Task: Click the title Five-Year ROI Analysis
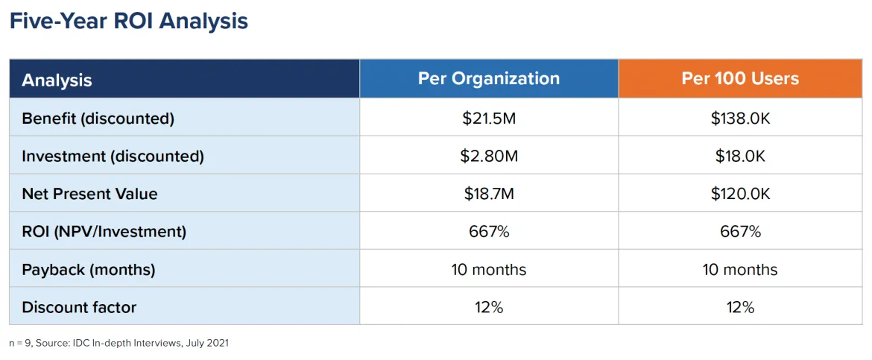coord(128,21)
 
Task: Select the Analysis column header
coord(57,80)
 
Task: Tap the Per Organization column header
coord(488,78)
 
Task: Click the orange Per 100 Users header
coord(739,78)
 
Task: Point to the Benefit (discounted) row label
coord(98,118)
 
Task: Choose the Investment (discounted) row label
coord(113,156)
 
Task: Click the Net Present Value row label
coord(89,194)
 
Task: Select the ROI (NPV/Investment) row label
coord(104,232)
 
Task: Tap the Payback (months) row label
coord(88,269)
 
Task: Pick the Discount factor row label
coord(79,307)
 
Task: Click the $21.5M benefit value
coord(488,118)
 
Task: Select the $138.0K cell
coord(739,118)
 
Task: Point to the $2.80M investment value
coord(488,156)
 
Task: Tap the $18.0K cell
coord(739,156)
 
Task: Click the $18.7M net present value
coord(488,194)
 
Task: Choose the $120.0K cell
coord(739,194)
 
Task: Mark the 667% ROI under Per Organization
coord(488,232)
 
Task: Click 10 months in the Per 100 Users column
coord(739,269)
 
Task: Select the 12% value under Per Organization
coord(488,307)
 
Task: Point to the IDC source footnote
coord(119,344)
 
